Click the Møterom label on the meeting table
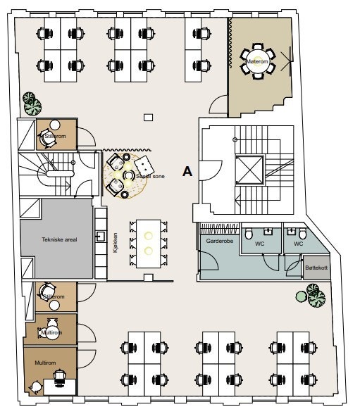point(257,62)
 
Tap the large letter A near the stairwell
point(187,171)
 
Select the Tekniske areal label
point(55,239)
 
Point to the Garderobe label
point(216,240)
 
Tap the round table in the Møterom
point(257,61)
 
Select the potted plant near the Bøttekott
point(315,294)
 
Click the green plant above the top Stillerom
point(31,103)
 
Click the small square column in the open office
point(147,118)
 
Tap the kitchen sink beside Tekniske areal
point(101,237)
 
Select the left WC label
point(259,244)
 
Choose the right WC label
point(298,244)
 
